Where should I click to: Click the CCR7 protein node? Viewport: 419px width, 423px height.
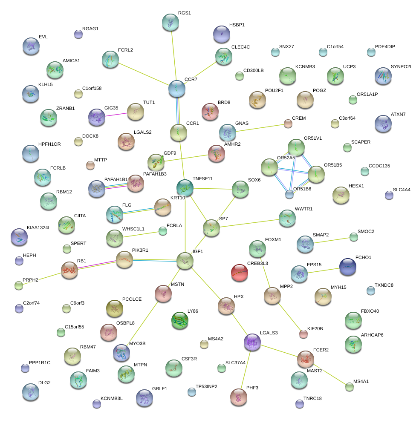click(176, 88)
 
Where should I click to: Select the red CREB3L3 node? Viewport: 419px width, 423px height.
click(239, 273)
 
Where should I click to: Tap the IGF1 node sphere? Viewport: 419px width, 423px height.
click(185, 261)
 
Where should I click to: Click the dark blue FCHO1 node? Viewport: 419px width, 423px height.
click(348, 266)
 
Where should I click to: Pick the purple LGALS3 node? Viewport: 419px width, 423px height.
click(252, 342)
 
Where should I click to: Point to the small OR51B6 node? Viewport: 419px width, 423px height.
click(289, 195)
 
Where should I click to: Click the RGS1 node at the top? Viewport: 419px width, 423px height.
click(170, 22)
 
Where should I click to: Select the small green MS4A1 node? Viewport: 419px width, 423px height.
click(350, 387)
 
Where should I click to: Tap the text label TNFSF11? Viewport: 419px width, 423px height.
click(203, 178)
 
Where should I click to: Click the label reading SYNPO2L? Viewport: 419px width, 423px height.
click(402, 67)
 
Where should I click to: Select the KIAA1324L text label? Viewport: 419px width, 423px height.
click(38, 227)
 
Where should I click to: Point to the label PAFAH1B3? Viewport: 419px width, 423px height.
click(155, 174)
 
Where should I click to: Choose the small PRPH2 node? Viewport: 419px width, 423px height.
click(18, 285)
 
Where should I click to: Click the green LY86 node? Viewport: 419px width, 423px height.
click(179, 321)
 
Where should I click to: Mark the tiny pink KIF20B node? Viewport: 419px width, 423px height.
click(303, 334)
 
